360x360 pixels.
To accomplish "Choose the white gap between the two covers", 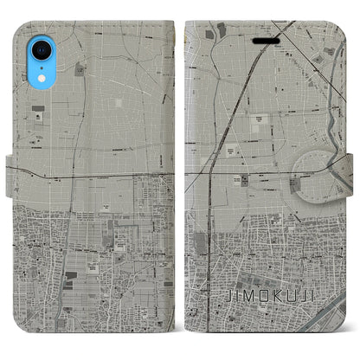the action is pyautogui.click(x=180, y=173).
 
